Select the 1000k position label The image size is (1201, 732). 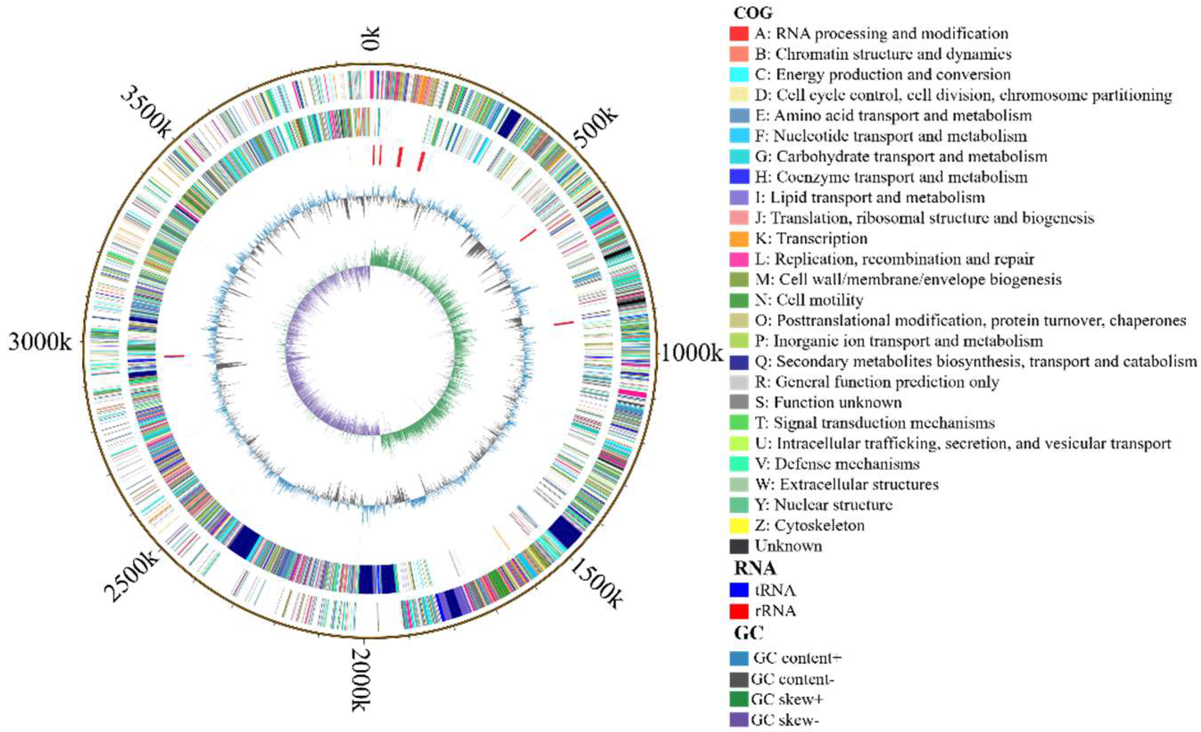[691, 353]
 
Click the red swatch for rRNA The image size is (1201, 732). [739, 611]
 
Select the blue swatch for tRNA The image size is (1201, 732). [739, 591]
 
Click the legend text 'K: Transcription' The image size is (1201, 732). [811, 238]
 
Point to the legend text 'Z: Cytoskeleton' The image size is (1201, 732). [810, 525]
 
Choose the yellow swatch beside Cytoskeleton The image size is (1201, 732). [739, 526]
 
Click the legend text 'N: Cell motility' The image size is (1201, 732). [809, 300]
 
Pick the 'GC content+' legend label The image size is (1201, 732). [797, 658]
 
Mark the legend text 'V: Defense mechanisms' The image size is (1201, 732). [837, 464]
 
